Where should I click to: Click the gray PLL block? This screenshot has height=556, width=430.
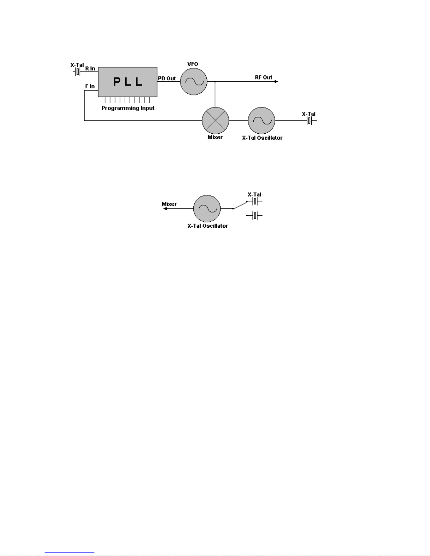click(127, 82)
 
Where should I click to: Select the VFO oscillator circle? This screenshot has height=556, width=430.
click(193, 81)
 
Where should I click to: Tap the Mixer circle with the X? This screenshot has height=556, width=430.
click(215, 120)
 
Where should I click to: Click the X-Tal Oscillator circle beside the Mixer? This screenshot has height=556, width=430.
click(261, 120)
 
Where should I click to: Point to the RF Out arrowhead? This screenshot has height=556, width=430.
click(277, 81)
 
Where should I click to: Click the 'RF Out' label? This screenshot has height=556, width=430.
click(263, 77)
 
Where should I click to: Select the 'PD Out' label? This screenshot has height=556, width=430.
click(167, 78)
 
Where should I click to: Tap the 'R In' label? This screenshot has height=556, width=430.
click(90, 68)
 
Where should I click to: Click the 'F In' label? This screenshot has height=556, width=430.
click(90, 86)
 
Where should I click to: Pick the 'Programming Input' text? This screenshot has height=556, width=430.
click(128, 108)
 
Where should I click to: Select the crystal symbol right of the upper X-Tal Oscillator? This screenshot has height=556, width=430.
click(309, 121)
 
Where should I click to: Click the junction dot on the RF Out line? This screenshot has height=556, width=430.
click(215, 81)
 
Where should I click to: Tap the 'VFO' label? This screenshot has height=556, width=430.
click(193, 64)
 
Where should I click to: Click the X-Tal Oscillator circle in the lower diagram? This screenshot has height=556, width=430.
click(207, 208)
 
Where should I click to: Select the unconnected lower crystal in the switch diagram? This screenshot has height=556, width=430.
click(256, 215)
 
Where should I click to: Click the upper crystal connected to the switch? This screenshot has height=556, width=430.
click(256, 201)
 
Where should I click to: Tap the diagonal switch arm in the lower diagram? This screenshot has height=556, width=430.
click(240, 205)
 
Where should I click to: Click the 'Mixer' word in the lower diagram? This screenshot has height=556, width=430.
click(169, 204)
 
